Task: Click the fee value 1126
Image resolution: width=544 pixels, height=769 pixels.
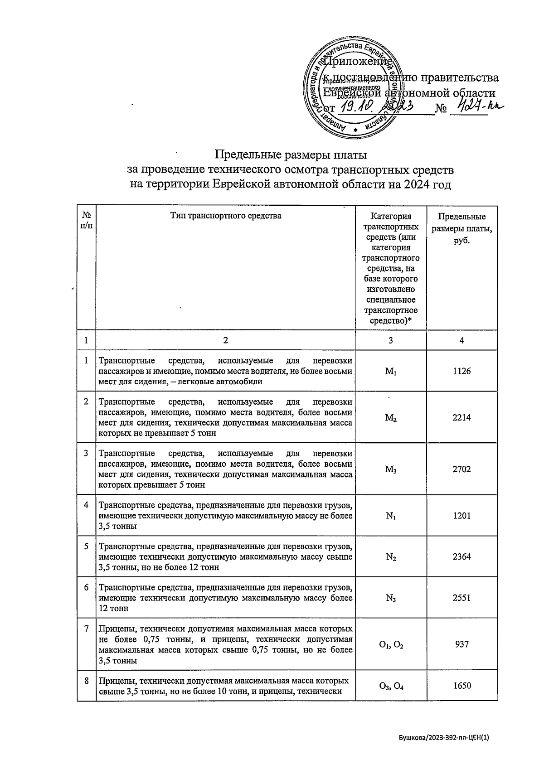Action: (461, 371)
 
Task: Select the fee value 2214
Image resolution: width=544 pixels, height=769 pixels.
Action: (461, 417)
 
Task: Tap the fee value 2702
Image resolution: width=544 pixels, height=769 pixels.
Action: (461, 469)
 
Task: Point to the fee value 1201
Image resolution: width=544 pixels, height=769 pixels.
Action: (461, 516)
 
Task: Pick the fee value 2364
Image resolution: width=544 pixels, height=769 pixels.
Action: (461, 556)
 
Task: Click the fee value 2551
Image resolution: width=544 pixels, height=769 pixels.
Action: (461, 598)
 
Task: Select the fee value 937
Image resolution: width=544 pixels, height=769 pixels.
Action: (461, 644)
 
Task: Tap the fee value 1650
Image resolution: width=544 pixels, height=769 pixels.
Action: (461, 686)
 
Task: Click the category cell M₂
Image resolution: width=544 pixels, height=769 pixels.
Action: (391, 418)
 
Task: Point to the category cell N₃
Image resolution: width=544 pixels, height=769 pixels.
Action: (391, 598)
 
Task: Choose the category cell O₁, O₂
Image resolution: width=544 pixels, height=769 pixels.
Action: (391, 644)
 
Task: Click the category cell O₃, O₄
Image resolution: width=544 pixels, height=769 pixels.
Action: (391, 686)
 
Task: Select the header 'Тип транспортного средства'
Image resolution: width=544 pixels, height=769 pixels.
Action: (225, 216)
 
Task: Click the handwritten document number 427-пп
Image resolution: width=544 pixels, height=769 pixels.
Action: (474, 107)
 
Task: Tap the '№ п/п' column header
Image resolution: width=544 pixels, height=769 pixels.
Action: (86, 221)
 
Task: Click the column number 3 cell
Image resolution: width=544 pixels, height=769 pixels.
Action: (391, 340)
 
